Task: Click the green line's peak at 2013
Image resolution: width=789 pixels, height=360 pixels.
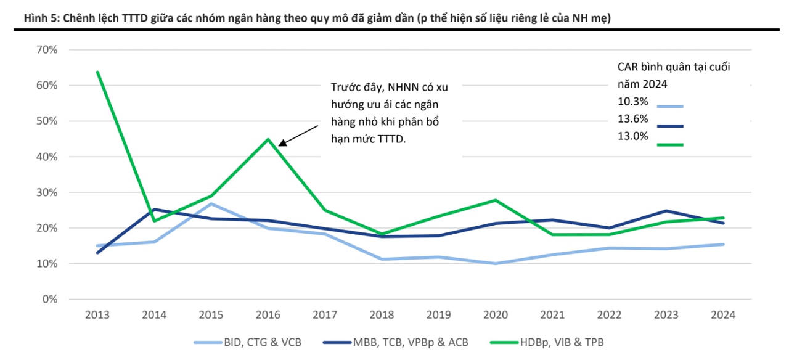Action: pos(97,72)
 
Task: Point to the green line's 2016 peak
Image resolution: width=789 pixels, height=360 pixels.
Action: pos(268,139)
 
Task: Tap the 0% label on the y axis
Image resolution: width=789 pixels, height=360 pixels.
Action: pos(49,300)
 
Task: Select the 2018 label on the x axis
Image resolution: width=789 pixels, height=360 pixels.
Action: pos(382,315)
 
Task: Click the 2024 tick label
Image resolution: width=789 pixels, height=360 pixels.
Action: pos(722,315)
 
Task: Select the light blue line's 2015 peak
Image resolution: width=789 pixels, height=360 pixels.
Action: pos(211,203)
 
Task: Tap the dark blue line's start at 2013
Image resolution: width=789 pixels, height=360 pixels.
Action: pos(97,253)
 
